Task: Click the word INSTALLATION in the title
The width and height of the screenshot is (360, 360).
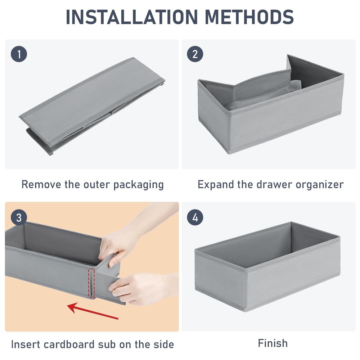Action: [131, 17]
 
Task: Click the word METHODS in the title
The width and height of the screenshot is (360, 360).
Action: [249, 17]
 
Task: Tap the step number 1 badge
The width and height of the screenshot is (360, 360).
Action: [19, 54]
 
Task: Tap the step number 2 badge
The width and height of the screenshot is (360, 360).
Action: [195, 54]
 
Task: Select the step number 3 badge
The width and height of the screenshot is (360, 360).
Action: [19, 217]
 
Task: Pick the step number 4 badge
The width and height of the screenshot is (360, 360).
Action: [195, 217]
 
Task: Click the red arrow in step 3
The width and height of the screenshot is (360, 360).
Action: [93, 311]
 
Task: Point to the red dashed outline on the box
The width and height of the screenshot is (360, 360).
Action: [91, 283]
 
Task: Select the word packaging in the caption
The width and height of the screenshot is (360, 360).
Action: [139, 185]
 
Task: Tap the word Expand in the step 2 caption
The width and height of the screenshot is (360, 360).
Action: [216, 185]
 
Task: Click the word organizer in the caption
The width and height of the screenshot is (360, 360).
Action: [320, 185]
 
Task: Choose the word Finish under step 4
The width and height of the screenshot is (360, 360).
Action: [273, 343]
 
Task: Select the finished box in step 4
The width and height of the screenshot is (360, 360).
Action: [267, 266]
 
